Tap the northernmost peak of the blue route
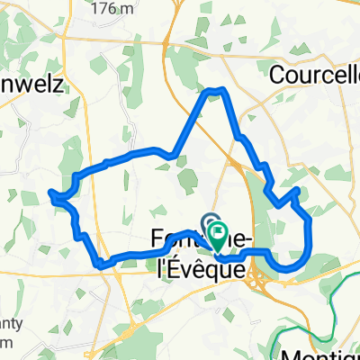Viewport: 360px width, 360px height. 215,91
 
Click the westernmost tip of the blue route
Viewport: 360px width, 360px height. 49,192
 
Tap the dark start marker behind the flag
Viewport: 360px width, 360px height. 210,222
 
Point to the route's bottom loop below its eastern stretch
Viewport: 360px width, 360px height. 287,267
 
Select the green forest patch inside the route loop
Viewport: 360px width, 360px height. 188,181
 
